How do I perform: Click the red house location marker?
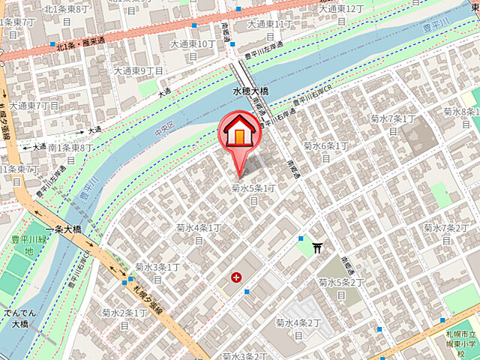tap(239, 133)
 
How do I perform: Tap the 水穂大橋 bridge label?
tap(250, 91)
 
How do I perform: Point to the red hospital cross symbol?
tap(237, 277)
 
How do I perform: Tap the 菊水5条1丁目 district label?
tap(253, 193)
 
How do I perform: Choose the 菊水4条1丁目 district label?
tap(199, 232)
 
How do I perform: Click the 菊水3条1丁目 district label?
tap(157, 272)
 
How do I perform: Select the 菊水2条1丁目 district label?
tap(124, 317)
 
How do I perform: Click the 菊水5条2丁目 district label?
tap(341, 287)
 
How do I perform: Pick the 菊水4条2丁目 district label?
tap(298, 328)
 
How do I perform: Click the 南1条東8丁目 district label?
tap(71, 154)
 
